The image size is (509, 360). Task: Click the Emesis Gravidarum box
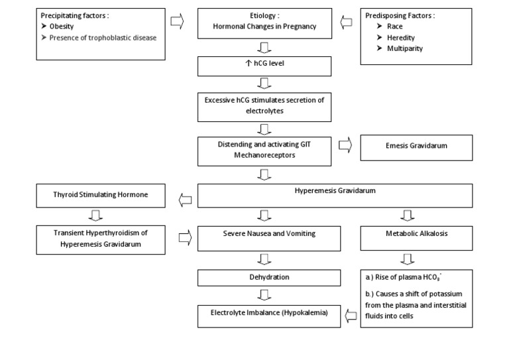416,147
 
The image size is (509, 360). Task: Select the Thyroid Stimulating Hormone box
100,195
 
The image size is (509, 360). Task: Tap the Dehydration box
264,276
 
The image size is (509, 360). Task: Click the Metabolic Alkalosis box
416,233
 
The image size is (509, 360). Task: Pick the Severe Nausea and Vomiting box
264,233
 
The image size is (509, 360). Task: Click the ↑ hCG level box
264,66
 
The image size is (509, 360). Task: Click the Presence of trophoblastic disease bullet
103,37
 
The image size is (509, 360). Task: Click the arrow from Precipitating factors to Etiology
177,21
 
